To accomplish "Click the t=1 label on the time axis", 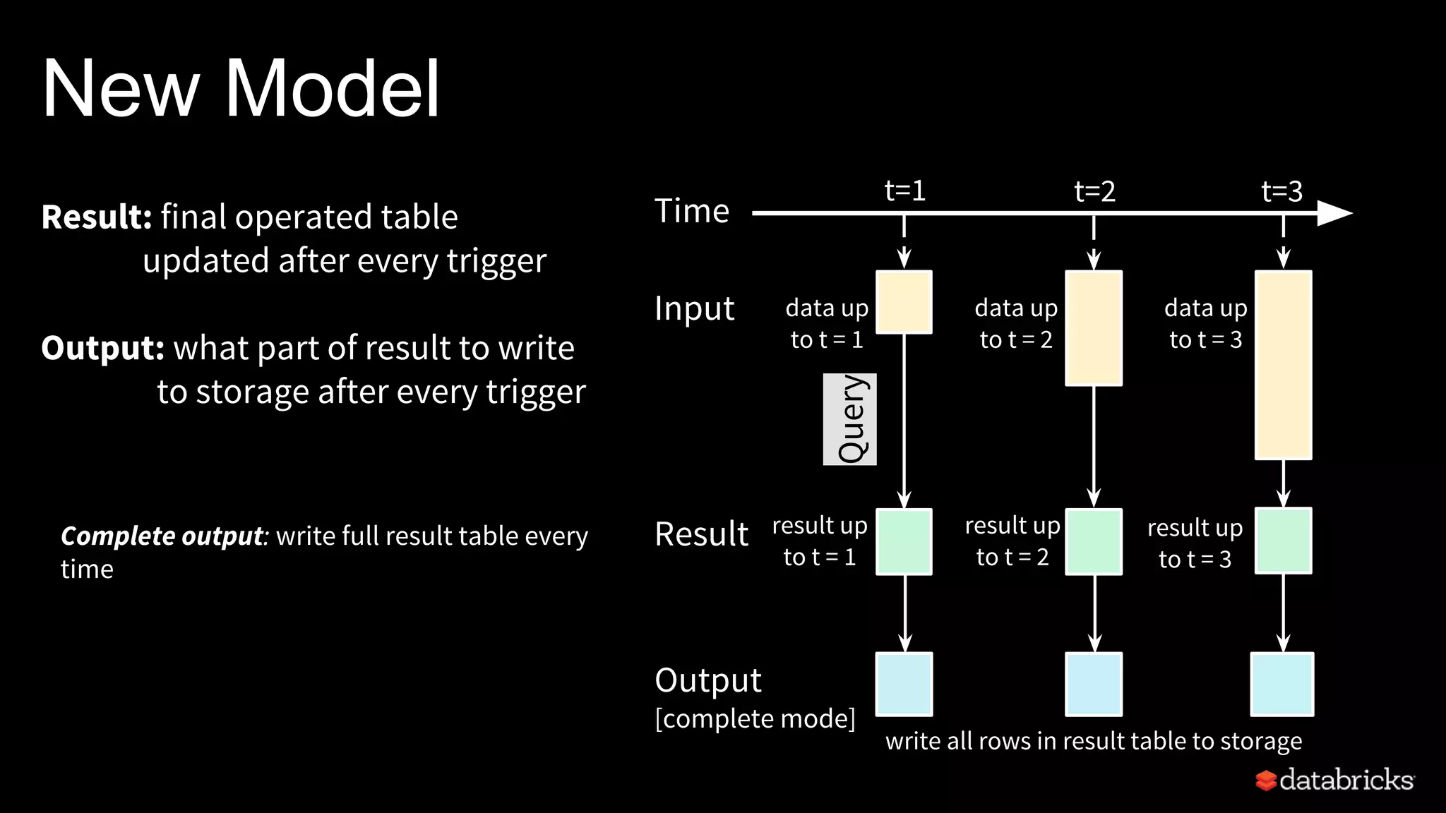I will pos(904,191).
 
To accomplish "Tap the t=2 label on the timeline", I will pos(1094,191).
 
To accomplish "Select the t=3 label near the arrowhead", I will pos(1281,191).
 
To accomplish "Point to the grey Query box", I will pos(850,419).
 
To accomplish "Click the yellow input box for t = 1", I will pos(904,302).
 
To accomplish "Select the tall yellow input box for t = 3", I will pos(1283,365).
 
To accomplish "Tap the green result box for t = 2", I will pos(1094,541).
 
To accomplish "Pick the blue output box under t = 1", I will pos(904,684).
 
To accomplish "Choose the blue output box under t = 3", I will pos(1281,684).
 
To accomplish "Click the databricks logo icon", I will pos(1266,780).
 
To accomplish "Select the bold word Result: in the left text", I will pos(97,217).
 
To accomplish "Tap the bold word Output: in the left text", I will pos(103,348).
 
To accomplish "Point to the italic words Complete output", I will pos(162,536).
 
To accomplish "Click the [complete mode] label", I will pos(755,718).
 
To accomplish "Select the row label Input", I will pos(694,308).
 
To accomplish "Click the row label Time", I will pos(691,211).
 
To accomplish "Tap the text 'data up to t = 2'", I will pos(1016,323).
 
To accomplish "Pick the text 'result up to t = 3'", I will pos(1195,543).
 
